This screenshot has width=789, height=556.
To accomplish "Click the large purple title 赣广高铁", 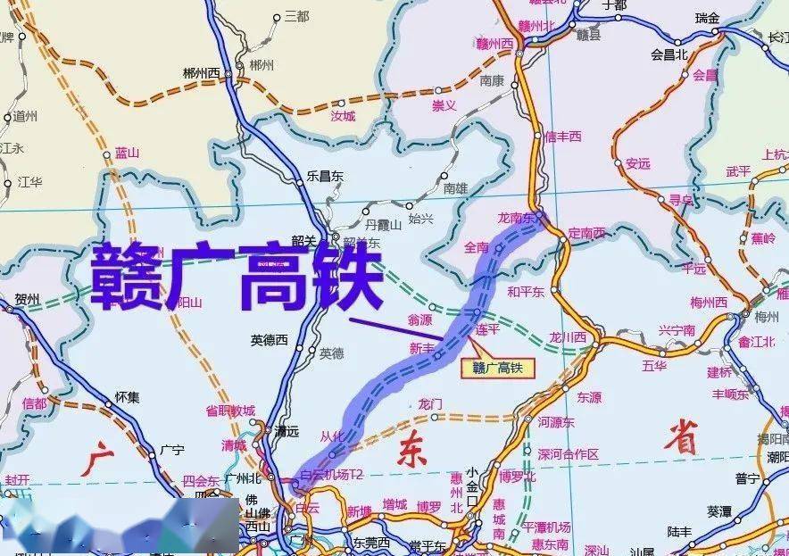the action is click(x=237, y=276).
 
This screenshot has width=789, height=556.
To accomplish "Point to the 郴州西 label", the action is click(x=201, y=73).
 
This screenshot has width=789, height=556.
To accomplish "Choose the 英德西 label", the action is click(x=270, y=339).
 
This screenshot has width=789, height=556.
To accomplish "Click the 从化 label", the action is click(x=331, y=436).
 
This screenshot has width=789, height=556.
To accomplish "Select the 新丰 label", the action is click(x=422, y=348).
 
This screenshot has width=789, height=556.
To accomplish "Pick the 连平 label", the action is click(x=487, y=331).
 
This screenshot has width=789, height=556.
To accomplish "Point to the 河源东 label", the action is click(x=556, y=422).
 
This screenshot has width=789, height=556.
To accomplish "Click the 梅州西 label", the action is click(x=709, y=302).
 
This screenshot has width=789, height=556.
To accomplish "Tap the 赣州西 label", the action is click(x=496, y=43).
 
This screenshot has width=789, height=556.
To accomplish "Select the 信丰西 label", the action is click(x=562, y=137).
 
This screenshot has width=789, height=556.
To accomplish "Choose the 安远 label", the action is click(x=638, y=163).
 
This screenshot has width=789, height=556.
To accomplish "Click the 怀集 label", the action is click(x=128, y=397).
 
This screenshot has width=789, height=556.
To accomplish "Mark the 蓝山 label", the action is click(x=128, y=154).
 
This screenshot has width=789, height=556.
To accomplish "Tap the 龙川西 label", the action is click(x=568, y=337).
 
